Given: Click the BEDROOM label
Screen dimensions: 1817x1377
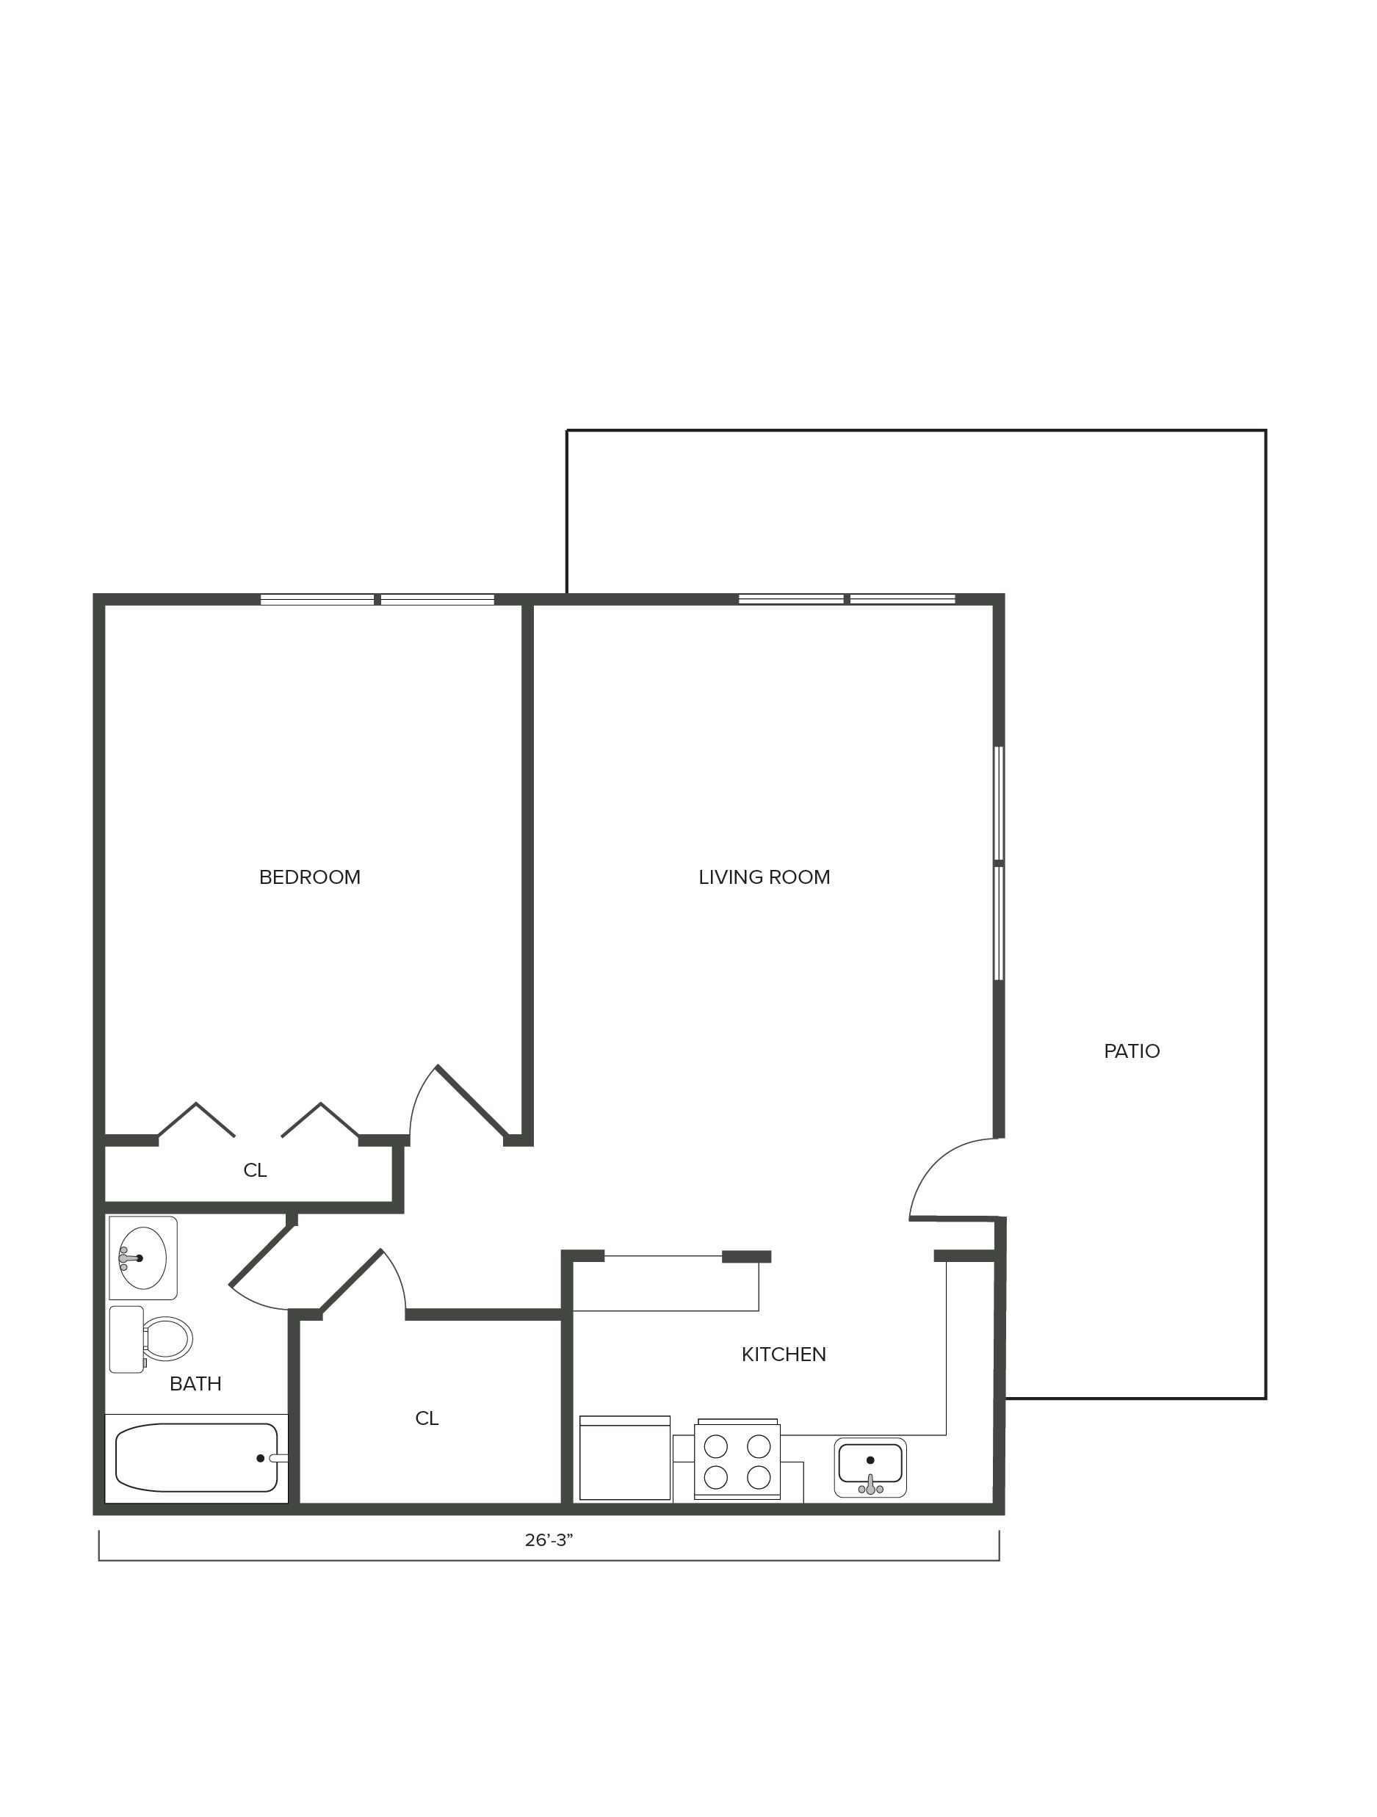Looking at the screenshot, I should click(x=310, y=877).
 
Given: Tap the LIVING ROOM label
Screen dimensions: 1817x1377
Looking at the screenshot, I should click(x=764, y=877).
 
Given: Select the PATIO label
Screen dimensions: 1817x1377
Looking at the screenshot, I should click(x=1131, y=1051).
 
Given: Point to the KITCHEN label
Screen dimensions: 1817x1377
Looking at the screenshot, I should click(x=784, y=1354).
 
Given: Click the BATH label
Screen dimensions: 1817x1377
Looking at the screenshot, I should click(x=195, y=1384).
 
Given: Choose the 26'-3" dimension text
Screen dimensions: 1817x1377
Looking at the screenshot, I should click(x=549, y=1540).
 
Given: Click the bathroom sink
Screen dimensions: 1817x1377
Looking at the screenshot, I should click(x=143, y=1258).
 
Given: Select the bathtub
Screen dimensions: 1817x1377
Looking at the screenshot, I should click(x=196, y=1458).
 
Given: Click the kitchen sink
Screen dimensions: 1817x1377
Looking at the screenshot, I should click(x=870, y=1466).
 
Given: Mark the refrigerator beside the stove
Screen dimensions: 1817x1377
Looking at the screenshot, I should click(x=624, y=1458).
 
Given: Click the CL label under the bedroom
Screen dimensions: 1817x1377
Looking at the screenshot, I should click(x=255, y=1170).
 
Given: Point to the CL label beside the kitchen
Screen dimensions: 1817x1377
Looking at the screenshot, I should click(x=427, y=1418).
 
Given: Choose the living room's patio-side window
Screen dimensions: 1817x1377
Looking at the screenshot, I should click(x=999, y=863).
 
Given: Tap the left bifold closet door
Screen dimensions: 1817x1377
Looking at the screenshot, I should click(x=195, y=1119).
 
